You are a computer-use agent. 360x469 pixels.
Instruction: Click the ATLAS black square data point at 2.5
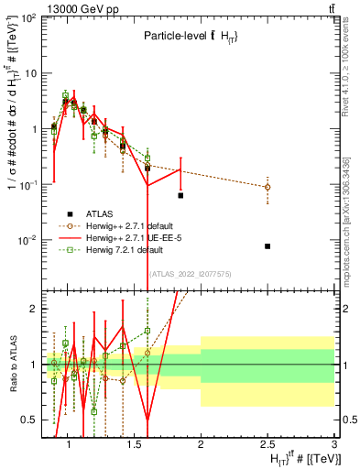point(267,246)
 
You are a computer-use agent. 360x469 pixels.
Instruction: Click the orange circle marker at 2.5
point(267,187)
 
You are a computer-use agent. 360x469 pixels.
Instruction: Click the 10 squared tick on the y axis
point(27,17)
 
